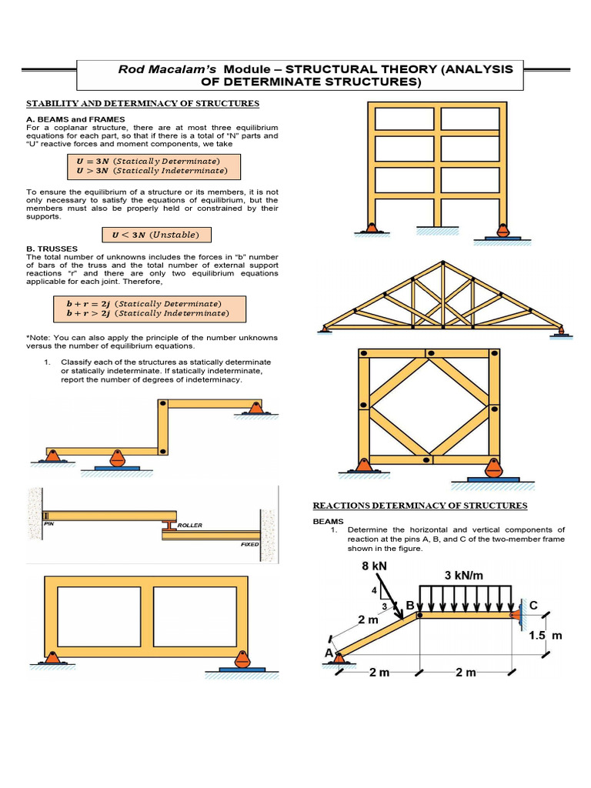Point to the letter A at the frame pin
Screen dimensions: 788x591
pyautogui.click(x=329, y=653)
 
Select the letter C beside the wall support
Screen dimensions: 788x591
pyautogui.click(x=533, y=606)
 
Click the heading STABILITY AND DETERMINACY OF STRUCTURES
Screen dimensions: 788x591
pyautogui.click(x=143, y=103)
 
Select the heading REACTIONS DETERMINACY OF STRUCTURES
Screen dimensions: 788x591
pyautogui.click(x=419, y=506)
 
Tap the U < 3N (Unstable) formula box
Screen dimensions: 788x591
pyautogui.click(x=156, y=234)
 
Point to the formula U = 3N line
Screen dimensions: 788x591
pyautogui.click(x=147, y=161)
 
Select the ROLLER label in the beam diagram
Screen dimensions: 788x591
pyautogui.click(x=189, y=525)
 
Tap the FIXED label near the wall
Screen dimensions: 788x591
pyautogui.click(x=249, y=544)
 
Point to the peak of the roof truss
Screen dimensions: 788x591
pyautogui.click(x=442, y=262)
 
